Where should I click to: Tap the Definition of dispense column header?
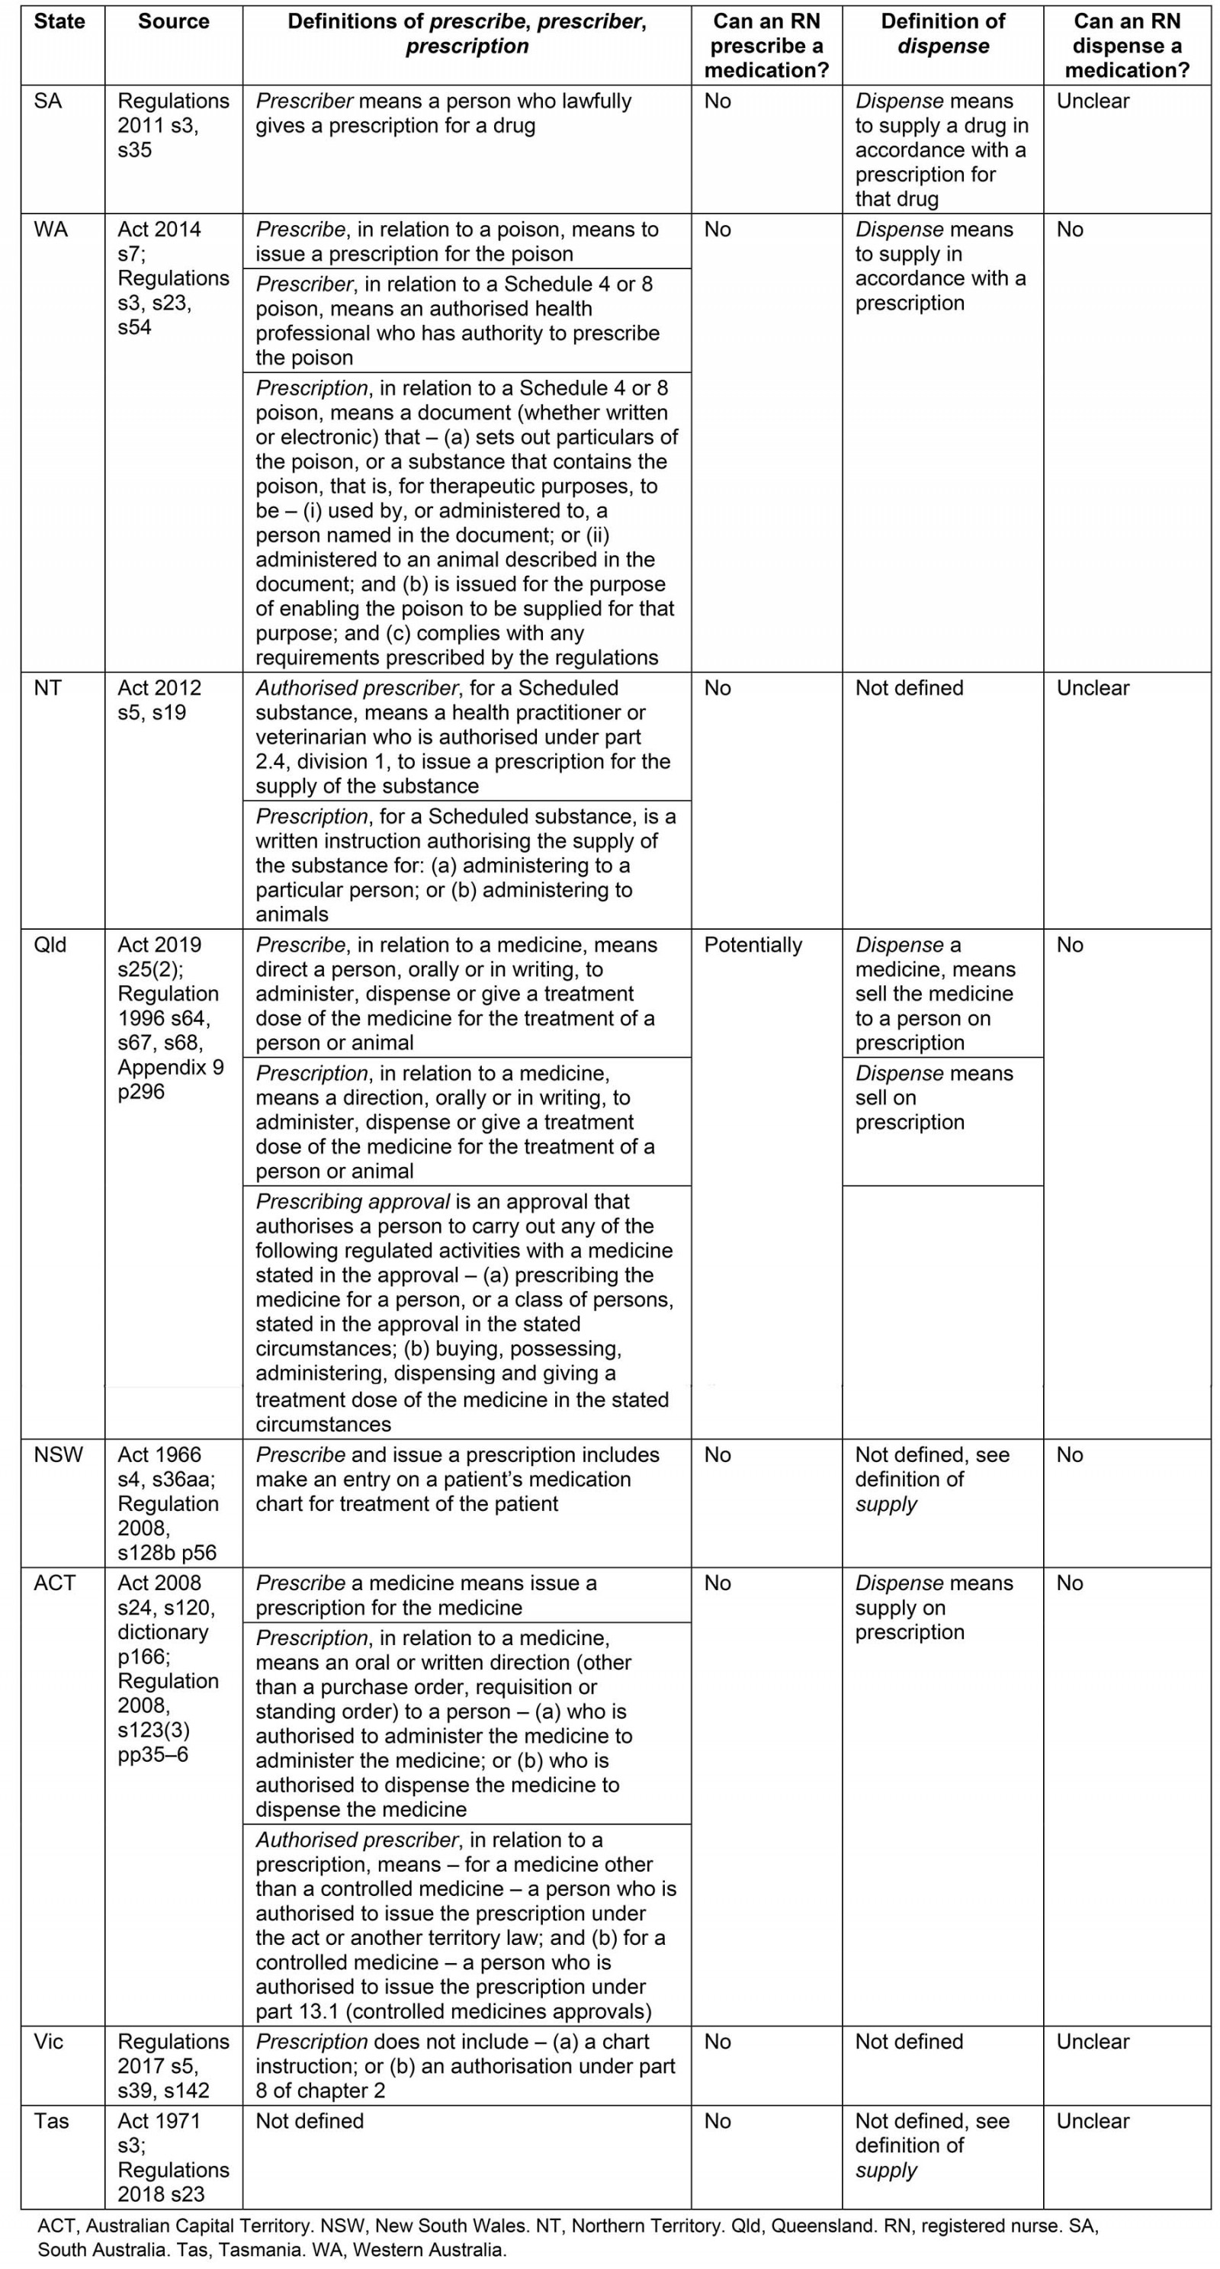click(x=942, y=34)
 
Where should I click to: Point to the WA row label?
click(x=50, y=230)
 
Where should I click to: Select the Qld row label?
click(x=50, y=945)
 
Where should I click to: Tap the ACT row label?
click(x=55, y=1583)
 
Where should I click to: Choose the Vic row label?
click(x=49, y=2041)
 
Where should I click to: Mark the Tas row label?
click(x=51, y=2120)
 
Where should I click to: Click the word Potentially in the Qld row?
click(x=753, y=945)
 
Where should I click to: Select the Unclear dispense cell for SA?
click(x=1092, y=101)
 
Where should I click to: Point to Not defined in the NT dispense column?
click(x=908, y=688)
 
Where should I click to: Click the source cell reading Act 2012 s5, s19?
click(x=159, y=700)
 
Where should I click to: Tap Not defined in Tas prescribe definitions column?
click(x=309, y=2120)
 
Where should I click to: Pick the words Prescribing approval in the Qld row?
click(x=352, y=1201)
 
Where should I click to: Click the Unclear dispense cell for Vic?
click(x=1092, y=2041)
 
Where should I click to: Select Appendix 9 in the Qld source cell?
click(x=170, y=1068)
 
